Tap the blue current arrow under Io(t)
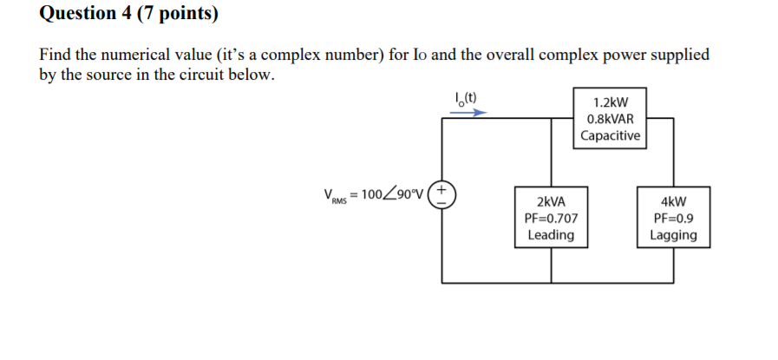coord(467,112)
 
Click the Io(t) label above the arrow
coord(467,97)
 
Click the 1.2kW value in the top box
coord(610,101)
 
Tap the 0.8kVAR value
coord(610,119)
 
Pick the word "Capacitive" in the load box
coord(610,135)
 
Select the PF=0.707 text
coord(551,218)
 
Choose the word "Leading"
coord(551,235)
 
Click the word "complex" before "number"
coord(291,56)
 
